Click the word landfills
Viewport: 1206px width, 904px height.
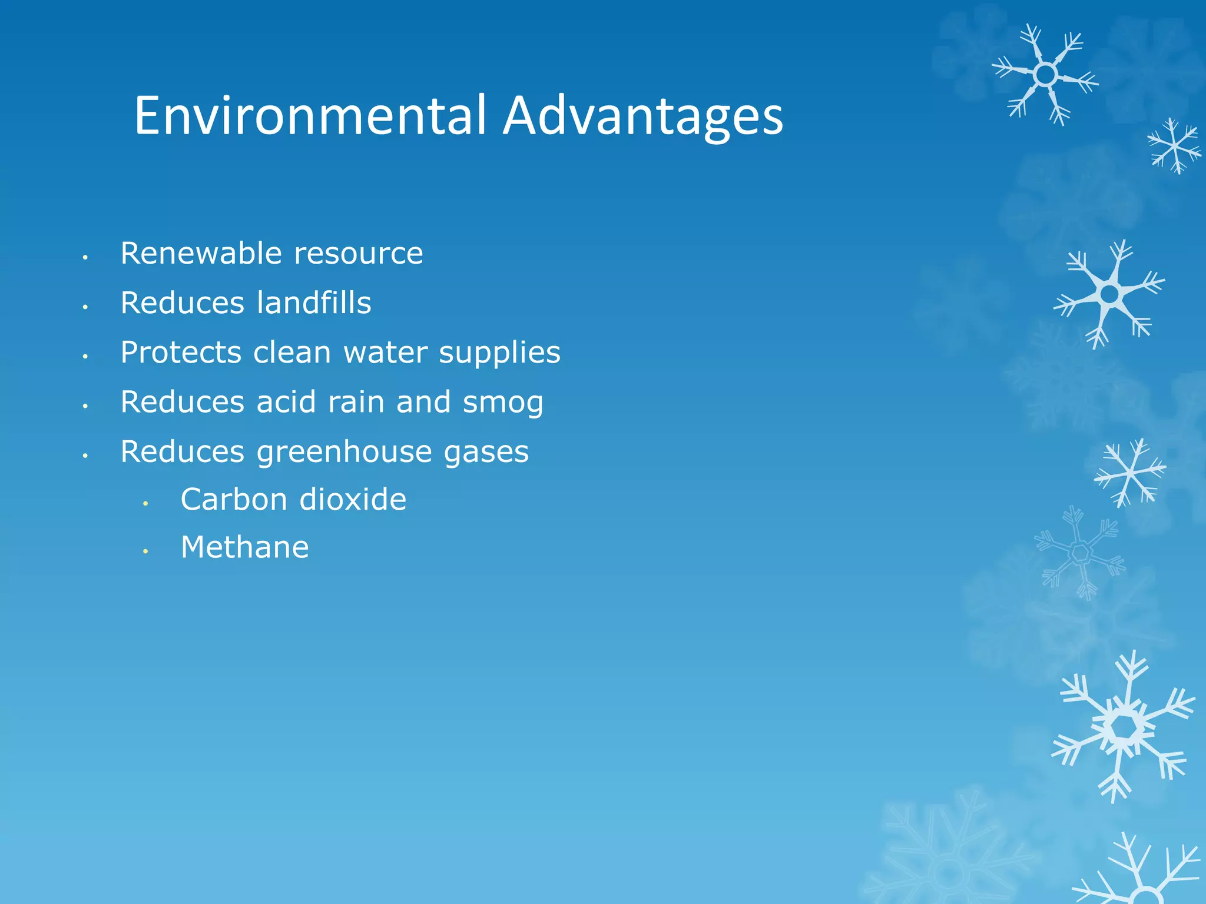click(x=314, y=303)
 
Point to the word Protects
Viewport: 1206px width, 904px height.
click(x=181, y=353)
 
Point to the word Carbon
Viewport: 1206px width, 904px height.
click(x=234, y=500)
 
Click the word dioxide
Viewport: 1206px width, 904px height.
click(x=353, y=500)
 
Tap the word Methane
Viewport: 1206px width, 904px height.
click(x=244, y=547)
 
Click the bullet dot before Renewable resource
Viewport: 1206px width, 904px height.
click(x=85, y=257)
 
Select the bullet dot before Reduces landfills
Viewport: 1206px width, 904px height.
click(x=85, y=307)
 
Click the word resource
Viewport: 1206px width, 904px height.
click(x=358, y=254)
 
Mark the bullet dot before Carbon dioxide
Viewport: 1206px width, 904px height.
click(x=145, y=503)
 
